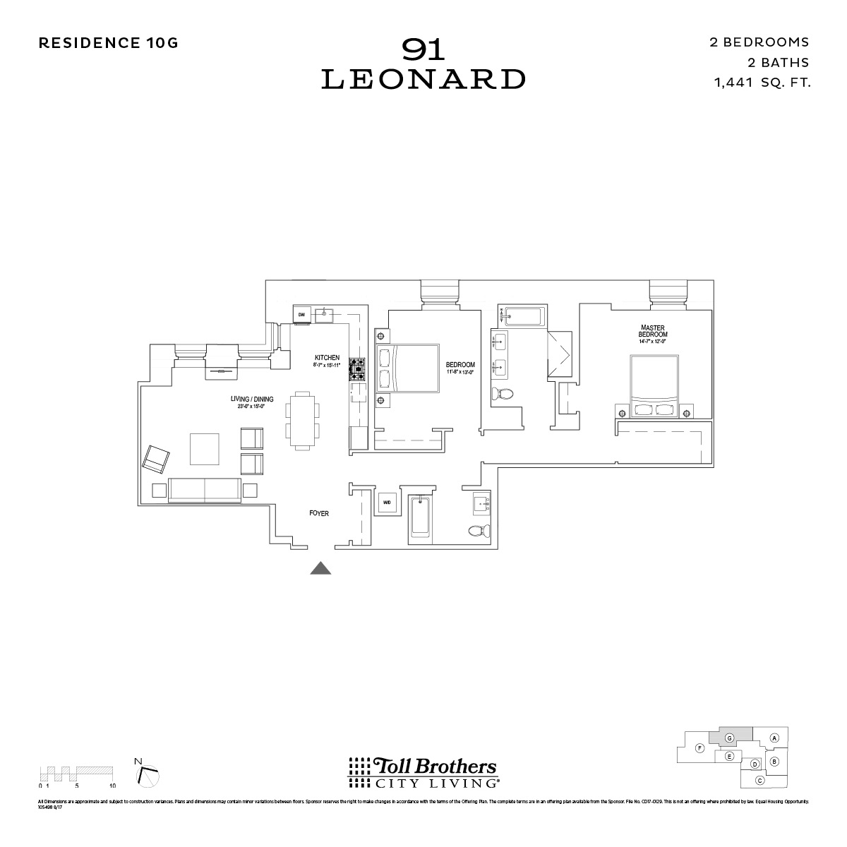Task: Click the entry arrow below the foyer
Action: (321, 568)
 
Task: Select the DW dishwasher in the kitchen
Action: (301, 314)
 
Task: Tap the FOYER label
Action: (319, 514)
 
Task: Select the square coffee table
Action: (205, 449)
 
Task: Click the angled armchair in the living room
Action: (156, 459)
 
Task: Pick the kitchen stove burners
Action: (358, 368)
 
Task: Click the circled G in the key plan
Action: (729, 738)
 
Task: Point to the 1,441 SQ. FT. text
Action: (762, 83)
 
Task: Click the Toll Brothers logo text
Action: (423, 767)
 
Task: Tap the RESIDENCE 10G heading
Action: (108, 42)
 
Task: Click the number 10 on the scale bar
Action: (112, 785)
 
